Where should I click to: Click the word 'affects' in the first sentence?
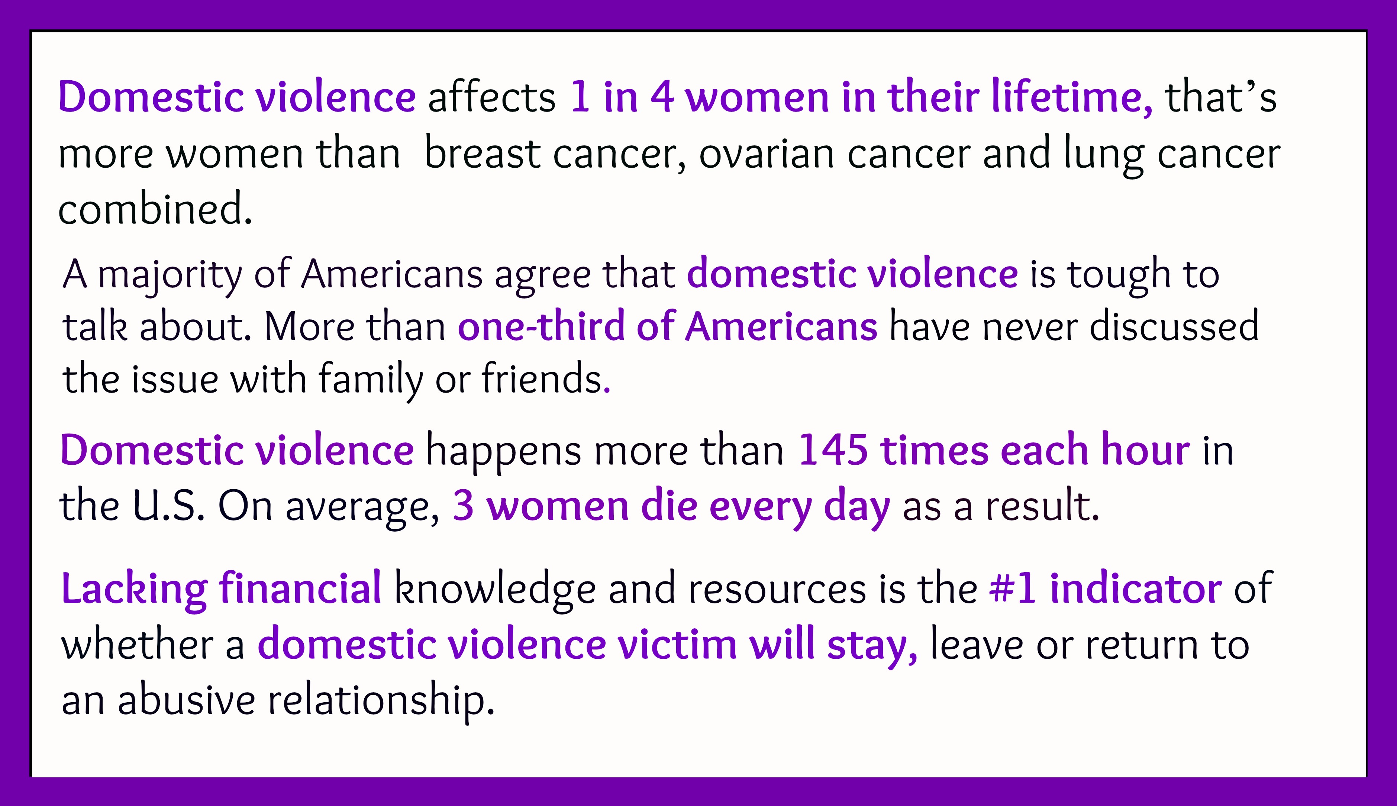click(491, 97)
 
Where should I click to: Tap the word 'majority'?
click(170, 275)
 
